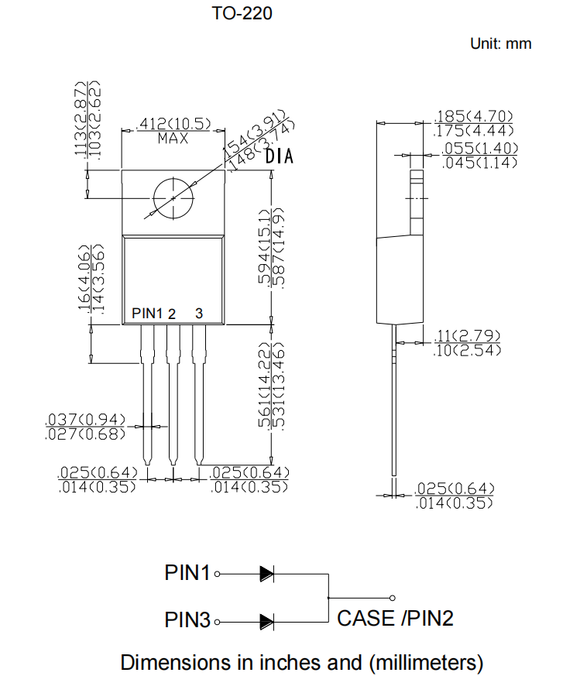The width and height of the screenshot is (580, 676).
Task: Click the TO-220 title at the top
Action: coord(242,13)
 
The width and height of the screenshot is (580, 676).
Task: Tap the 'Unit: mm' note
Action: coord(500,43)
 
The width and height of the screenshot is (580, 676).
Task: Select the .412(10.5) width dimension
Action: coord(173,124)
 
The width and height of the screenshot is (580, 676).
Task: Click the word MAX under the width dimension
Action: coord(173,139)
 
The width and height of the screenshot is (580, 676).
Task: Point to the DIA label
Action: coord(280,157)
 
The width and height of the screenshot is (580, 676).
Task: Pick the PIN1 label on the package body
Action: coord(147,313)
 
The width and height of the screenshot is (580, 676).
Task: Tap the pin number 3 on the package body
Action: coord(199,313)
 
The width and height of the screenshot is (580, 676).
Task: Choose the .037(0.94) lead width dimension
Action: coord(85,420)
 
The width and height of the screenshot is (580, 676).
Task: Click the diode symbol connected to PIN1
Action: coord(266,574)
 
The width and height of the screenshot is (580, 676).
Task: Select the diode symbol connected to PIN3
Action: coord(266,620)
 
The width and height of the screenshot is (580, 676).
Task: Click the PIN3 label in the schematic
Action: coord(187,620)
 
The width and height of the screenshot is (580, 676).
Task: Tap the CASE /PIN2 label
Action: coord(395,618)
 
